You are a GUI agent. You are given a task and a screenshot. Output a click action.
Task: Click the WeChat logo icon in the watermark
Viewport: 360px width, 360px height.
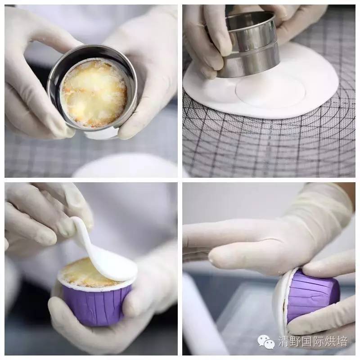pos(266,342)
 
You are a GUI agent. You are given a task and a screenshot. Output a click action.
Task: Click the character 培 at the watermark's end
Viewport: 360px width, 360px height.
pos(342,341)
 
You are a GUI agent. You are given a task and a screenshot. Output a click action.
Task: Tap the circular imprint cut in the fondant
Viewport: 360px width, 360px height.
pos(270,91)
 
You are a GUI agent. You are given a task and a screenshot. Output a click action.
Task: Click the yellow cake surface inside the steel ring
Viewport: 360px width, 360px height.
pos(94,94)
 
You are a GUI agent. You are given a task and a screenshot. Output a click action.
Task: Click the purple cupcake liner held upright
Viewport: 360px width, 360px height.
pos(96,306)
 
